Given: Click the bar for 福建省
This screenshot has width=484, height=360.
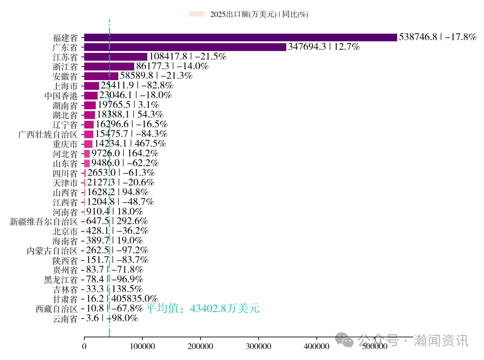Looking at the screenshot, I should (240, 37).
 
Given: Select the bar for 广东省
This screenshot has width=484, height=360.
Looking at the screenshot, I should (185, 47).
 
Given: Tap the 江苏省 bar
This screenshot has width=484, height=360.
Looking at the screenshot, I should (116, 57).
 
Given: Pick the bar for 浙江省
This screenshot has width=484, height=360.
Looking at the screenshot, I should (109, 66).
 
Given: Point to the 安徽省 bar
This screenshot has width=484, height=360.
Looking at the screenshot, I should (101, 76).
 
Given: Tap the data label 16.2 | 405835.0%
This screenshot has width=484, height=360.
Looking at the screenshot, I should (122, 299).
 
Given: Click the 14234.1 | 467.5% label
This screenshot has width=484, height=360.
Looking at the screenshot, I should (130, 144).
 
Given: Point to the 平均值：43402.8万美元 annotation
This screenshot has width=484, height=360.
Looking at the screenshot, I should (203, 309).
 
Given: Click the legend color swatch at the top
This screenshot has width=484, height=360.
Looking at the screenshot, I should (196, 14).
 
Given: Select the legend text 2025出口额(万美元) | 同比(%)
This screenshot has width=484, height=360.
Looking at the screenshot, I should (259, 14).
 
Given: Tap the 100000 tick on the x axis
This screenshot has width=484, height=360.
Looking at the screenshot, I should (143, 346).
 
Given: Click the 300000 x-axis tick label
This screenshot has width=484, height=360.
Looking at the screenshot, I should (259, 346).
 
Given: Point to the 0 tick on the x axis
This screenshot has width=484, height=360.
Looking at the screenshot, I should (84, 346).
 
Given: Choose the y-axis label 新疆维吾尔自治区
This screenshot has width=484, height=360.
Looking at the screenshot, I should (44, 221).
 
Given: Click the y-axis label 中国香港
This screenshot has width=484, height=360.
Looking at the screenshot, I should (61, 95).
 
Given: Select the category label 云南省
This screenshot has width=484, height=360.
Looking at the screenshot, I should (65, 318).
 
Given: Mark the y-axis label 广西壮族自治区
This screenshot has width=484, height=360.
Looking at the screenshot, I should (48, 134).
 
